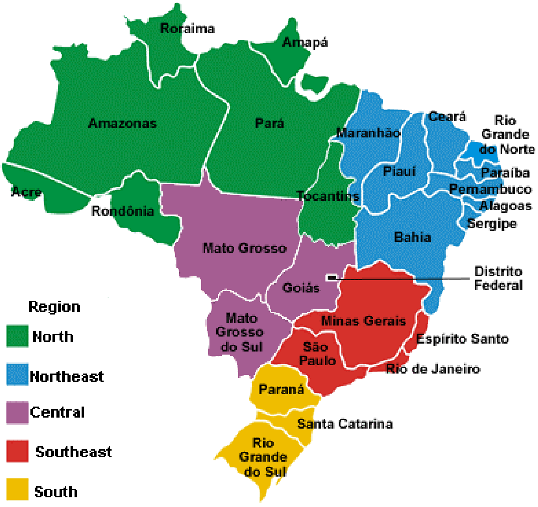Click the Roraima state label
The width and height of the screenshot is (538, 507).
click(187, 29)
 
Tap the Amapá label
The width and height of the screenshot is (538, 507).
click(305, 42)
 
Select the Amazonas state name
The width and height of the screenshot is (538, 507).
click(122, 123)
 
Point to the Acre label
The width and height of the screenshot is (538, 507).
click(26, 192)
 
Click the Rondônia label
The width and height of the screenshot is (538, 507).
click(123, 211)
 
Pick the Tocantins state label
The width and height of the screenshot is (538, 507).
click(328, 196)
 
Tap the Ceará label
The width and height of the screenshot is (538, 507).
click(447, 117)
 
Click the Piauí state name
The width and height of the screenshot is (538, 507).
click(399, 171)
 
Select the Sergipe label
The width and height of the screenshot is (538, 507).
click(492, 224)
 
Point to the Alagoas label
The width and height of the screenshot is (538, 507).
click(505, 206)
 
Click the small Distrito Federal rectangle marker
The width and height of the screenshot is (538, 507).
click(332, 278)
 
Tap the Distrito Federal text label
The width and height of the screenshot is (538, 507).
click(498, 278)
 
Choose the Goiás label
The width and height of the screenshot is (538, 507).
click(301, 288)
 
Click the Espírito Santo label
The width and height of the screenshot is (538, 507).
click(463, 339)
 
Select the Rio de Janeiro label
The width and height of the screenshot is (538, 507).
click(433, 369)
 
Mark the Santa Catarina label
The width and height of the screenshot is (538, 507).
click(345, 424)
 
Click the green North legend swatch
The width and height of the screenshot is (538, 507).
click(17, 336)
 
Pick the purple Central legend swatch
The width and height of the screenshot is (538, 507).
click(17, 413)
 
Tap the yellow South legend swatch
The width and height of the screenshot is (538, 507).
click(17, 489)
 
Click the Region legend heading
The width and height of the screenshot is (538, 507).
click(54, 307)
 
